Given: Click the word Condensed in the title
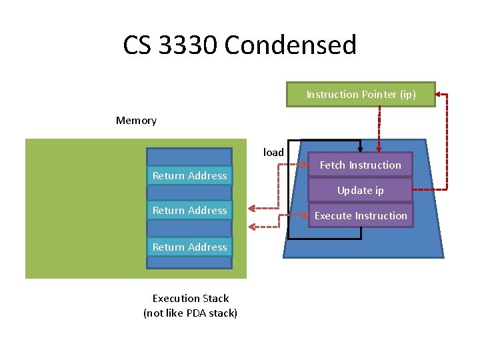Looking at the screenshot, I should point(291,45).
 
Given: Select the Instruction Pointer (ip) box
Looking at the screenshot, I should point(361,95).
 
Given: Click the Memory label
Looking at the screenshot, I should point(136,121).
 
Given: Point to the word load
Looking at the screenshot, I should point(273,152).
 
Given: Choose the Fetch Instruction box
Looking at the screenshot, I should point(361,165).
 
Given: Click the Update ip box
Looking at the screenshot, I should point(361,191).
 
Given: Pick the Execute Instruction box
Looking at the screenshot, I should point(361,216).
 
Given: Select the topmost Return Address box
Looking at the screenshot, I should point(190,176).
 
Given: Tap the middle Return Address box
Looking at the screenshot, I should point(190,211).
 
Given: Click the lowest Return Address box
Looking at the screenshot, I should point(190,247).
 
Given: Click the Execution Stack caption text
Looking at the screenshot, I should point(191,299).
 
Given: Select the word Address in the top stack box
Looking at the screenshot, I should point(208,176).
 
